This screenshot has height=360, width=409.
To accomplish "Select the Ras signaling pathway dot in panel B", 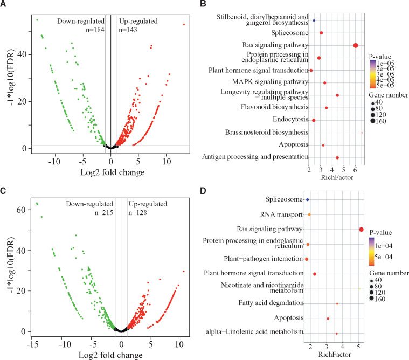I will [356, 45].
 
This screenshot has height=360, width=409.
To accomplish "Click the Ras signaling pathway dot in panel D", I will [362, 230].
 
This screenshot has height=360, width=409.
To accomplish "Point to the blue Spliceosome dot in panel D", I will [308, 199].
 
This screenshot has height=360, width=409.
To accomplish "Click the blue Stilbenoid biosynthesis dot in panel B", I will [314, 20].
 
